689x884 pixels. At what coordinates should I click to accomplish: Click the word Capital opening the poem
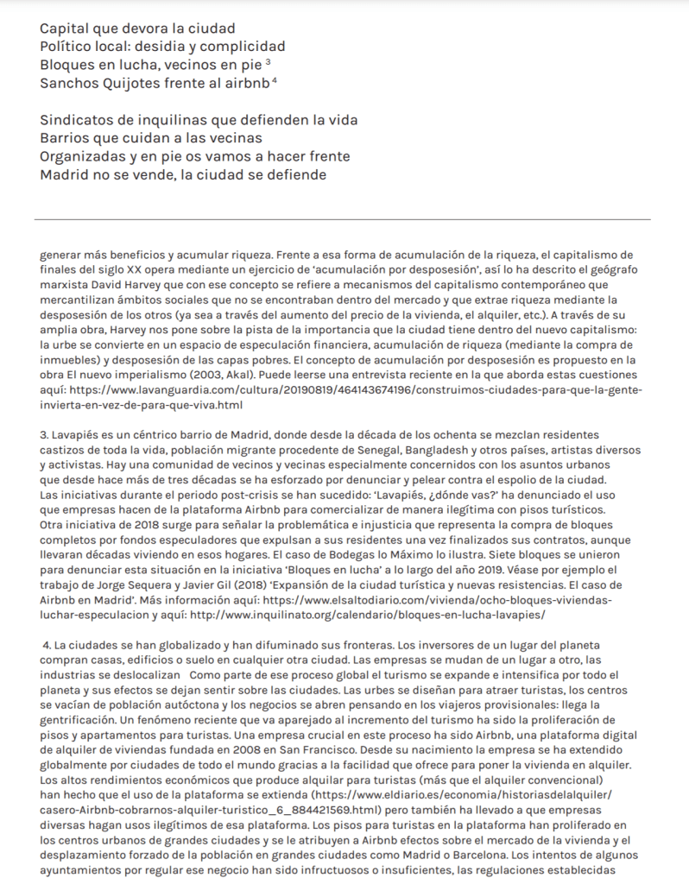click(x=67, y=28)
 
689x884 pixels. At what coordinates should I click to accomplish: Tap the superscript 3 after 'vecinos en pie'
click(x=269, y=62)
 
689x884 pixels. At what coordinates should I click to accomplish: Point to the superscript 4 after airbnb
click(x=274, y=80)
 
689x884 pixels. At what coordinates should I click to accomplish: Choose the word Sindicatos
click(x=80, y=120)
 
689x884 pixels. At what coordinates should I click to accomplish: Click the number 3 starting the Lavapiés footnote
click(x=43, y=434)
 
